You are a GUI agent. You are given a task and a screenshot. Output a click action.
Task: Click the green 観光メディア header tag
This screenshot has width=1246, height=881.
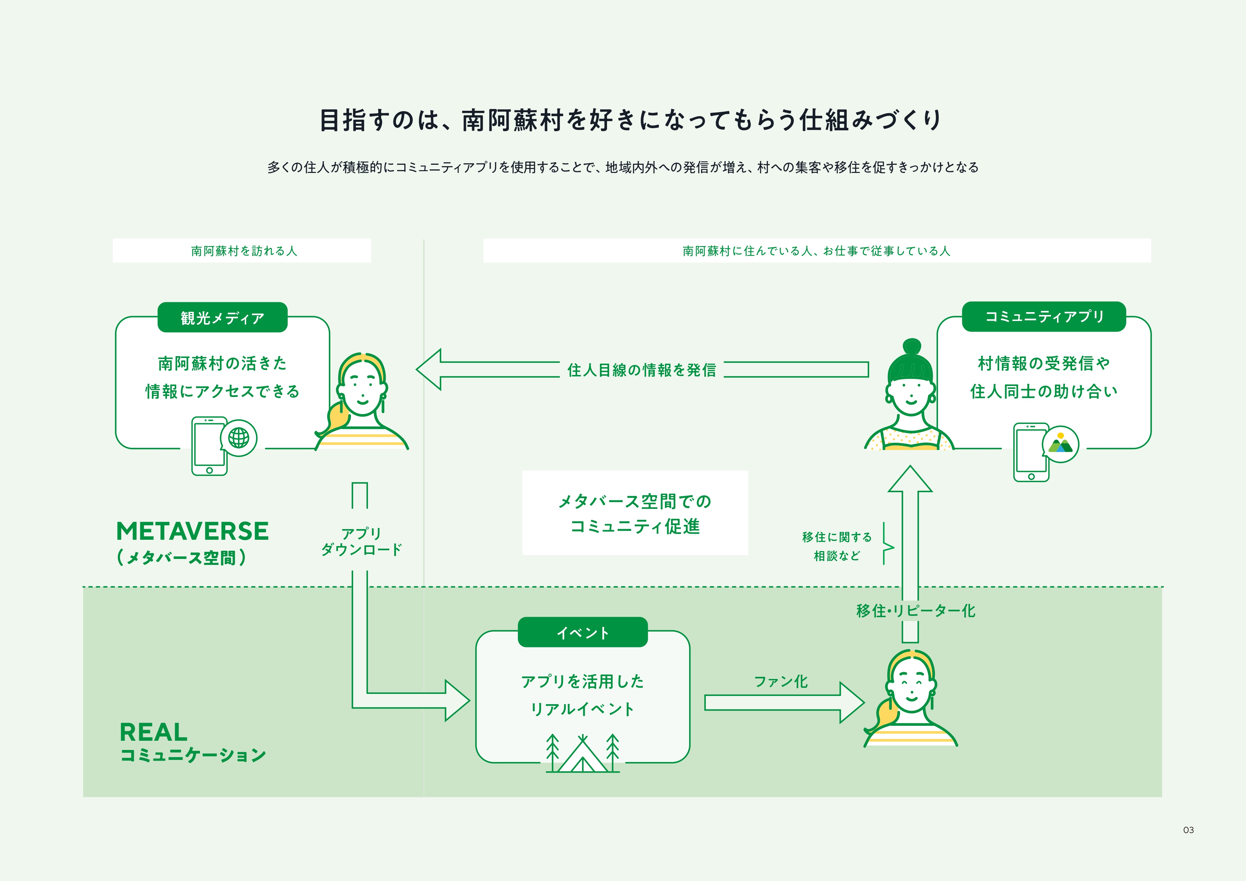click(x=222, y=317)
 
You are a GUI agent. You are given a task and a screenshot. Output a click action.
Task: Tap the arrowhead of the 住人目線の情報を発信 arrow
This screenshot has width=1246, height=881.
click(x=429, y=369)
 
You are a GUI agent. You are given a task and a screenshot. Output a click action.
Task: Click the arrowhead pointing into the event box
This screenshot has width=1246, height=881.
click(x=456, y=700)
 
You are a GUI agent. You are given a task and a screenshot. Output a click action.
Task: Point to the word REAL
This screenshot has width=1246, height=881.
click(x=153, y=732)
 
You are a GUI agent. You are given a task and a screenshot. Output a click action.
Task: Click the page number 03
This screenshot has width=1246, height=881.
click(x=1188, y=830)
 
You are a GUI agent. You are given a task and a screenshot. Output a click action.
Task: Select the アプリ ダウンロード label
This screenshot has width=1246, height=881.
click(x=361, y=542)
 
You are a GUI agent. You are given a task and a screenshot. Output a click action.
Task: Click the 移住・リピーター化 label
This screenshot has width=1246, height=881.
click(x=916, y=611)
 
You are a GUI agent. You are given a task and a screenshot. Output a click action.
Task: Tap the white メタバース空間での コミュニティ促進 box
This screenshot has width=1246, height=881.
click(x=635, y=513)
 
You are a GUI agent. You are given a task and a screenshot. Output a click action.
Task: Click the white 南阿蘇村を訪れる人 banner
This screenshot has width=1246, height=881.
click(x=242, y=251)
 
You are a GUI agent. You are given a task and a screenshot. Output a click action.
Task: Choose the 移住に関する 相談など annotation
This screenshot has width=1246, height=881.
click(x=837, y=546)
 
